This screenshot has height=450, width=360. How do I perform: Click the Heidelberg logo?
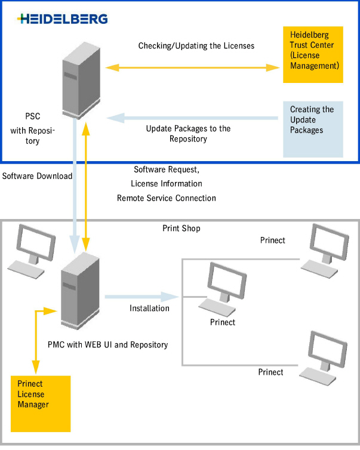click(x=63, y=19)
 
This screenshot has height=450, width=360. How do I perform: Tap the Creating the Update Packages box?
click(x=313, y=129)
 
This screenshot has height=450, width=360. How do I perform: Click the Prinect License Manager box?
click(x=41, y=403)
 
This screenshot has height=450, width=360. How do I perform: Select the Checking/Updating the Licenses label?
click(x=196, y=46)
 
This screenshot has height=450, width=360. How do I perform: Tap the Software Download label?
click(x=37, y=176)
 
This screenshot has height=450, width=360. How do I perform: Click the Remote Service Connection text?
click(x=167, y=198)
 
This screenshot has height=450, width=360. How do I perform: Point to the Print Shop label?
click(x=181, y=229)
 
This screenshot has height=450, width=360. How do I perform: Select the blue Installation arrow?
click(x=142, y=296)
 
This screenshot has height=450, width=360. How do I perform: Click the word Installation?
click(x=149, y=308)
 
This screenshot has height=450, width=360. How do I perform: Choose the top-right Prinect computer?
click(x=325, y=251)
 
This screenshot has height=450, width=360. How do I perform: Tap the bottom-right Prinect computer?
click(x=325, y=356)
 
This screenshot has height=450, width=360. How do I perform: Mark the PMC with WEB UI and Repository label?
click(x=107, y=344)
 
